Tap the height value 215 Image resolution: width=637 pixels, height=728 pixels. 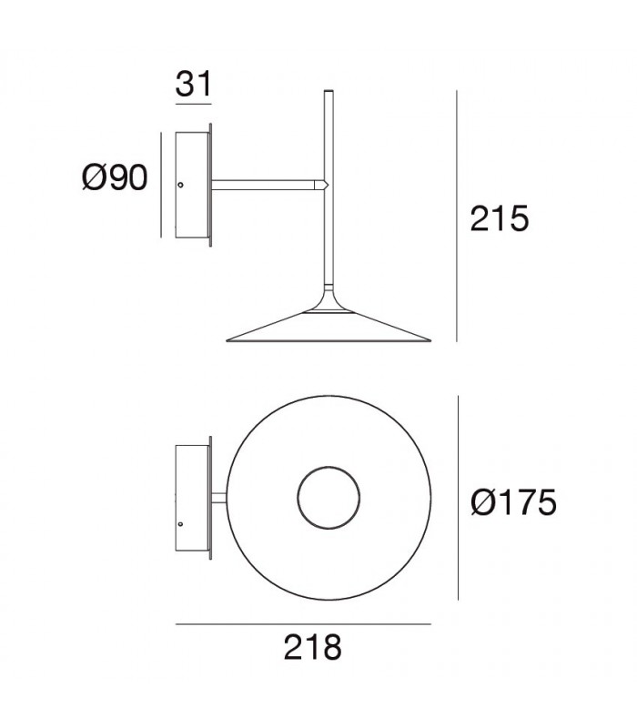point(500,219)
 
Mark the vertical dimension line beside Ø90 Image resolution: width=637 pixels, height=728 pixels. point(162,185)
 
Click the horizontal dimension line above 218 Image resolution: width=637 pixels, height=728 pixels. point(302,625)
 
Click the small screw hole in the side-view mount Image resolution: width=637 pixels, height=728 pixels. point(180,185)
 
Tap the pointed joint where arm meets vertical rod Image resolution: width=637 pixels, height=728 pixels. point(320,185)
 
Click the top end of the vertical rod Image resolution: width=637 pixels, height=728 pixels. point(328,92)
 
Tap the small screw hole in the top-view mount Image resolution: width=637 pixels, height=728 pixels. point(180,525)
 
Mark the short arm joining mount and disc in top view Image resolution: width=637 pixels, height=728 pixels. point(219,499)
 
